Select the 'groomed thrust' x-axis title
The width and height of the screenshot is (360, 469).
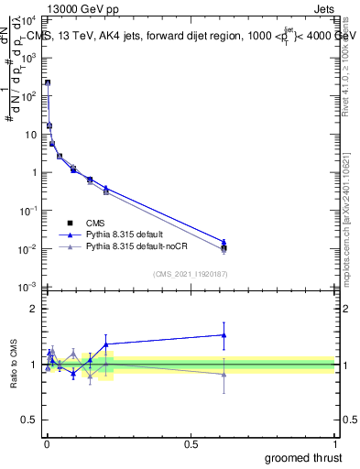click(x=304, y=457)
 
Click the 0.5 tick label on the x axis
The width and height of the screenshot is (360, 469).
click(x=191, y=442)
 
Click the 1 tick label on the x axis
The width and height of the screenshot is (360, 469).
click(x=336, y=442)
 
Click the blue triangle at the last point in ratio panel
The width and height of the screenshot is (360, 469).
click(x=224, y=334)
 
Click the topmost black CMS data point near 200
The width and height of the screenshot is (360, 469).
click(x=48, y=82)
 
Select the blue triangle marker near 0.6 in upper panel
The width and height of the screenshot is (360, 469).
click(x=224, y=242)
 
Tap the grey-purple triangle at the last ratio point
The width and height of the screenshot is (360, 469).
click(x=224, y=374)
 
